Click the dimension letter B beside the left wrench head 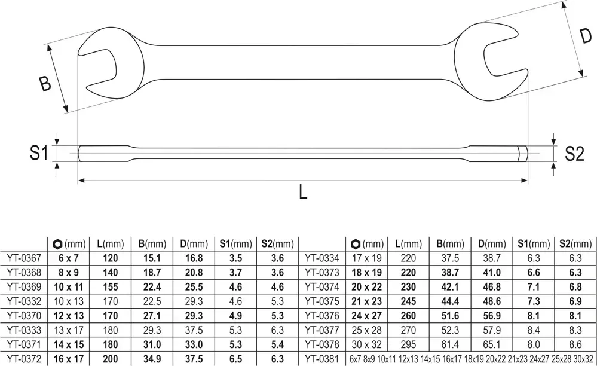point(45,84)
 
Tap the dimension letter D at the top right point(586,35)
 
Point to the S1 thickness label point(39,153)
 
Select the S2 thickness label point(574,154)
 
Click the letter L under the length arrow point(303,192)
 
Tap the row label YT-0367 point(24,258)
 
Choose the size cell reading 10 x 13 point(69,301)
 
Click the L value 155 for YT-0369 point(111,287)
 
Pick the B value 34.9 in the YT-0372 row point(152,359)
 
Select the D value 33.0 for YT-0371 point(194,344)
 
